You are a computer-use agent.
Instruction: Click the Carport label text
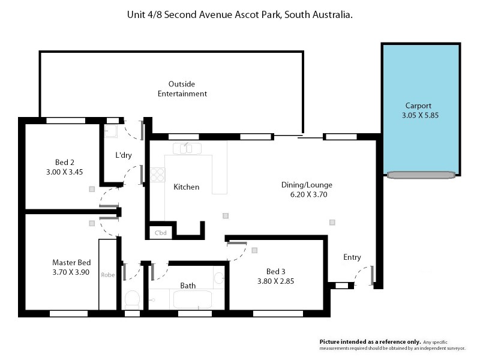(x=418, y=104)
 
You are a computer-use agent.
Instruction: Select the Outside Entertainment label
(x=182, y=89)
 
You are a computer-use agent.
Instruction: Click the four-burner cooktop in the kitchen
(x=158, y=174)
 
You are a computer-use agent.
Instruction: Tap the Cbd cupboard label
(x=161, y=232)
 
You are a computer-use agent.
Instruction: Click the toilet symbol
(x=131, y=298)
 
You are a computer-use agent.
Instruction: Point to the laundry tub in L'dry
(x=110, y=132)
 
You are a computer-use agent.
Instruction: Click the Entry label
(x=352, y=257)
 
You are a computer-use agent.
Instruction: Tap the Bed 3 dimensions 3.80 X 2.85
(x=275, y=280)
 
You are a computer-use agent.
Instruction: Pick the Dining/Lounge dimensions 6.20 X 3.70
(x=307, y=194)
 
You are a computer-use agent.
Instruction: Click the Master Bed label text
(x=71, y=262)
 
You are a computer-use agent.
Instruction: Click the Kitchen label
(x=186, y=187)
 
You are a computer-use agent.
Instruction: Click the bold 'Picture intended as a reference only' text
(x=370, y=340)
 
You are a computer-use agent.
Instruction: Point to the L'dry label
(x=124, y=155)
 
